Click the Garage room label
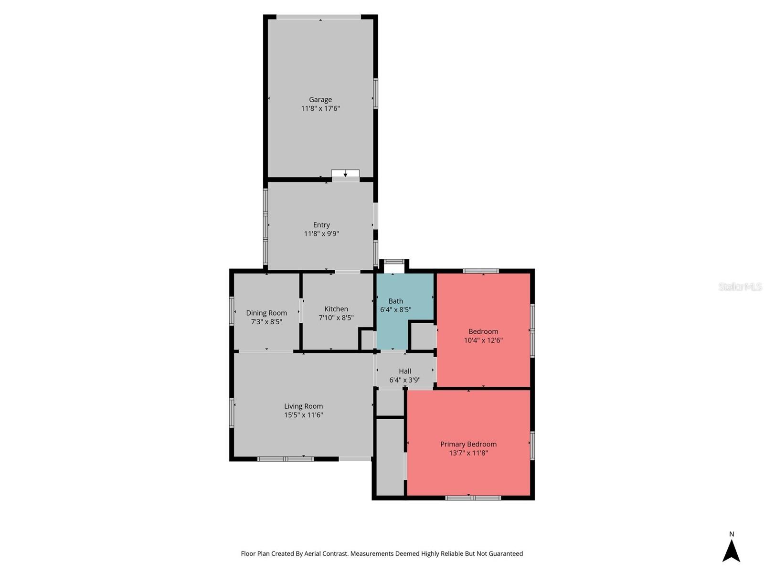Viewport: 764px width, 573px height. pos(320,100)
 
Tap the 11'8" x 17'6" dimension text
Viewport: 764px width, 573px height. pos(320,108)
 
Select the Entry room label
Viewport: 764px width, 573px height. pos(321,225)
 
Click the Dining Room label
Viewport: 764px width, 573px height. pos(266,313)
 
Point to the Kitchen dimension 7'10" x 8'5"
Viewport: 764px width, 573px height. pos(336,318)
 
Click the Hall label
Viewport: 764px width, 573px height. pos(405,371)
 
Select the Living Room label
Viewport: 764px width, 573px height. pos(303,406)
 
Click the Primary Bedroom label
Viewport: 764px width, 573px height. pos(468,444)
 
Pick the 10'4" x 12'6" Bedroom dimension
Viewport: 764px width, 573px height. pos(483,340)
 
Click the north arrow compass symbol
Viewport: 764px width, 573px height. pos(731,551)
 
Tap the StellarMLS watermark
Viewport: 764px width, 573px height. pos(740,286)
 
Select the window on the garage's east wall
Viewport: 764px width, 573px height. pos(376,94)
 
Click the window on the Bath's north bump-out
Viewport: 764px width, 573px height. pos(394,261)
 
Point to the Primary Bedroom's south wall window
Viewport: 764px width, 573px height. pos(473,498)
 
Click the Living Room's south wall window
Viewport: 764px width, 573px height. pos(286,459)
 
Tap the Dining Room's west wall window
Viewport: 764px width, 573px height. pos(232,311)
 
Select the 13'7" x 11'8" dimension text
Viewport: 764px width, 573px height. pos(468,453)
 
